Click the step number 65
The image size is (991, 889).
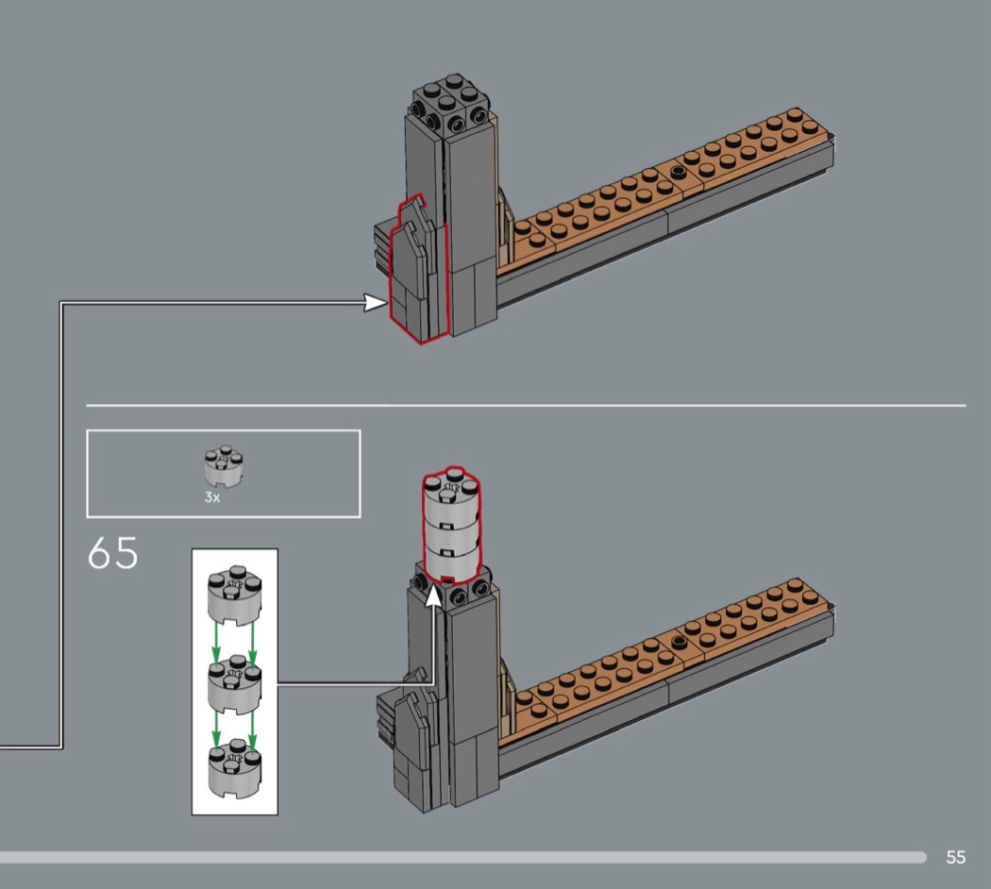click(112, 553)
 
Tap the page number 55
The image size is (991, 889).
click(955, 857)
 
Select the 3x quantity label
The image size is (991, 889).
click(212, 497)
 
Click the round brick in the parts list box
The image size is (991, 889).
click(225, 465)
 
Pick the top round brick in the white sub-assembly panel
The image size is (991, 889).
click(234, 595)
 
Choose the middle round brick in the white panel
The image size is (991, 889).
click(234, 685)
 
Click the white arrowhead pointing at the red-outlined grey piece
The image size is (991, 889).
click(376, 303)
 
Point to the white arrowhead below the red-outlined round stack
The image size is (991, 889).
click(433, 595)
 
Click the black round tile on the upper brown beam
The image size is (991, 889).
click(679, 171)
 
